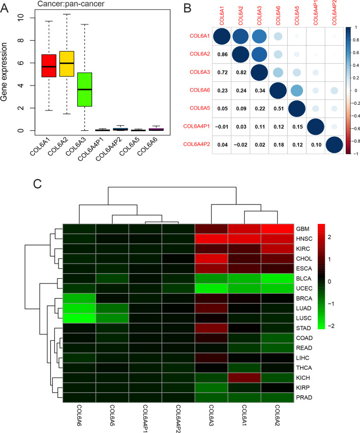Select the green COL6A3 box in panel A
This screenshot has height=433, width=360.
point(84,90)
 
